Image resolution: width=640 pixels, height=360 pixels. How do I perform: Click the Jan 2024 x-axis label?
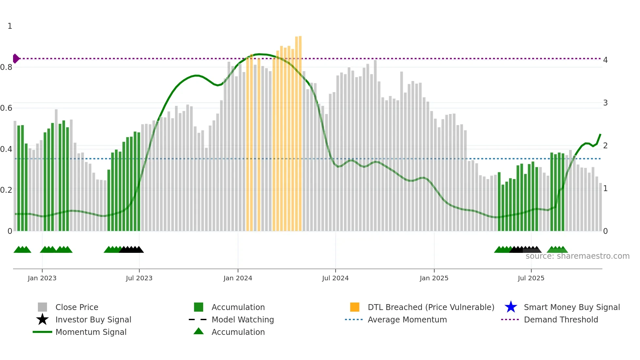[238, 278]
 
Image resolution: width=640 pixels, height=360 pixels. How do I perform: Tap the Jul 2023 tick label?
[139, 278]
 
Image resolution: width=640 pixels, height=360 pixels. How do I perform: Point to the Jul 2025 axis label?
[531, 278]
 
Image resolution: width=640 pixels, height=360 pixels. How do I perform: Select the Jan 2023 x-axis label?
[42, 278]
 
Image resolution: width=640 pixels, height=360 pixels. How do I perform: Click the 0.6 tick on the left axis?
[6, 108]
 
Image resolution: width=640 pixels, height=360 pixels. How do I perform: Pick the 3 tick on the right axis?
[605, 103]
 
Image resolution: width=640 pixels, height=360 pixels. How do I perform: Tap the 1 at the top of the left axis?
[10, 26]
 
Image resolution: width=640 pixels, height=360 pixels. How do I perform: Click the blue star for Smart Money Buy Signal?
[511, 307]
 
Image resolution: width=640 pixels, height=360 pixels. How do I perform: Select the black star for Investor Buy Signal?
[42, 319]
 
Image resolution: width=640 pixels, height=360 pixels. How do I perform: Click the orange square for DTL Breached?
[355, 307]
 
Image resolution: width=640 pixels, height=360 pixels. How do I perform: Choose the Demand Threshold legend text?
[561, 319]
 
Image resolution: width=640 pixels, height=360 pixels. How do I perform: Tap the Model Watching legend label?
[243, 319]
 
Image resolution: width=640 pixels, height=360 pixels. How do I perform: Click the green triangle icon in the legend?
[199, 332]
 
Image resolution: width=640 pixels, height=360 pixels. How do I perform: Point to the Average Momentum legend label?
[407, 319]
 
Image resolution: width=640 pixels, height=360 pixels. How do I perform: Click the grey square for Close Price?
[42, 307]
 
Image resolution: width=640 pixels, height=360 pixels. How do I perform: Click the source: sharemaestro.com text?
[577, 256]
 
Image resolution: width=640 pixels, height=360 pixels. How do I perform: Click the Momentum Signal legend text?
[91, 332]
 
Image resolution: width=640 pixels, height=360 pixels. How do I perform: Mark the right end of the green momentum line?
[600, 134]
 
